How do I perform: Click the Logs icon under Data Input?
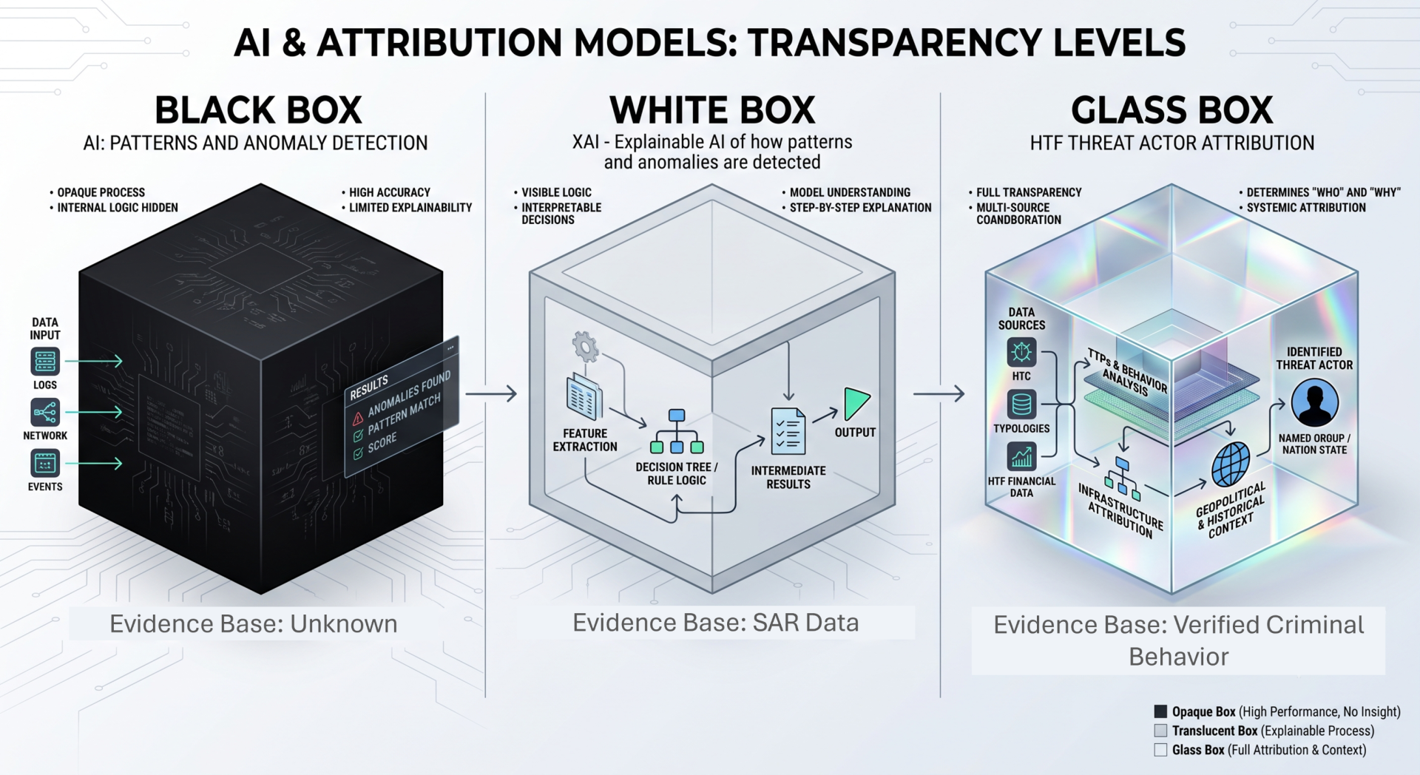pos(45,362)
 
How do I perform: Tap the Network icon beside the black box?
pos(45,412)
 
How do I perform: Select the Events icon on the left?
pos(45,464)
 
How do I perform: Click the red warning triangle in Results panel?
pos(358,417)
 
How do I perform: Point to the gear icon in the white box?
pos(585,346)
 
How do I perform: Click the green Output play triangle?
pos(856,404)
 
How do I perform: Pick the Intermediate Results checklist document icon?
pos(788,431)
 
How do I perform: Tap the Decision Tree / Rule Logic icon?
pos(676,431)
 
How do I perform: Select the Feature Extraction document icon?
pos(584,397)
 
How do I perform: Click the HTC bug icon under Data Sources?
pos(1021,353)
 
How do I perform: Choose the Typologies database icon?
pos(1021,405)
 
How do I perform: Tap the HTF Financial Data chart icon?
pos(1021,457)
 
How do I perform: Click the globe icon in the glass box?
pos(1231,464)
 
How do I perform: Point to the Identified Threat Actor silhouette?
pos(1314,403)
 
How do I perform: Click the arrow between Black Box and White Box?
pos(491,393)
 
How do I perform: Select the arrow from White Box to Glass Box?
pos(939,393)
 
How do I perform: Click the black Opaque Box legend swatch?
pos(1160,711)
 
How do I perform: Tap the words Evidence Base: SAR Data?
pos(715,623)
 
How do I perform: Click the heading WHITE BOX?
pos(712,110)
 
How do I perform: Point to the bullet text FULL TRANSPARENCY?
pos(1029,192)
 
